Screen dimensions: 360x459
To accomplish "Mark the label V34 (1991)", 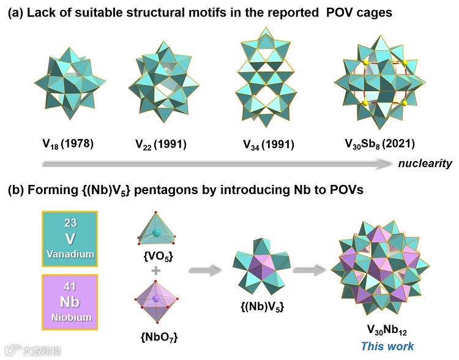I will (x=267, y=144).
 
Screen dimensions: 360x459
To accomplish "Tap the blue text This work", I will (x=387, y=346).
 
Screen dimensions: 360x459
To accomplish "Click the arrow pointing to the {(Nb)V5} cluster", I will (x=205, y=269).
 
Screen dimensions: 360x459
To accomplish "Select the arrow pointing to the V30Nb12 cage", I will (x=311, y=269).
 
